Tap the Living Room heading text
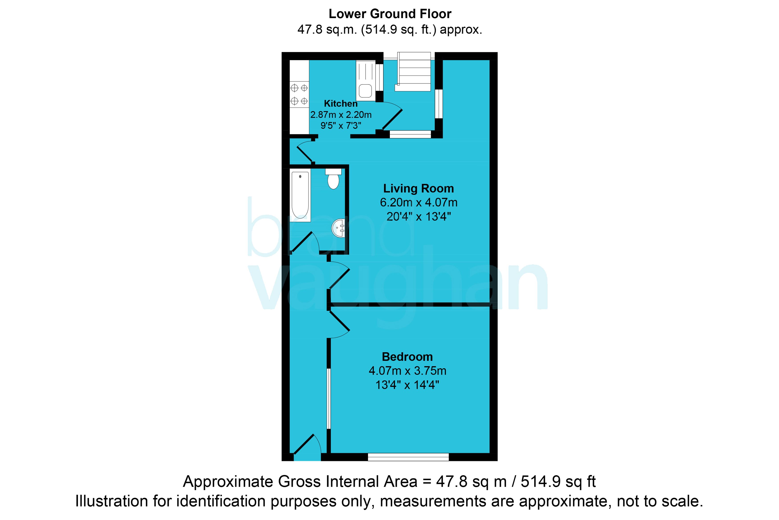[418, 188]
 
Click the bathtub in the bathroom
[300, 195]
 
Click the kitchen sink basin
[365, 91]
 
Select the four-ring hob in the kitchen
[299, 95]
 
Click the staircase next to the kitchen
[413, 72]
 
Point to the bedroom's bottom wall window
[408, 457]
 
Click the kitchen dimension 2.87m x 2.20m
[341, 115]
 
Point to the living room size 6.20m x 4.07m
[419, 202]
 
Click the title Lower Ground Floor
[390, 14]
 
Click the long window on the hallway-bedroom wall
[329, 399]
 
